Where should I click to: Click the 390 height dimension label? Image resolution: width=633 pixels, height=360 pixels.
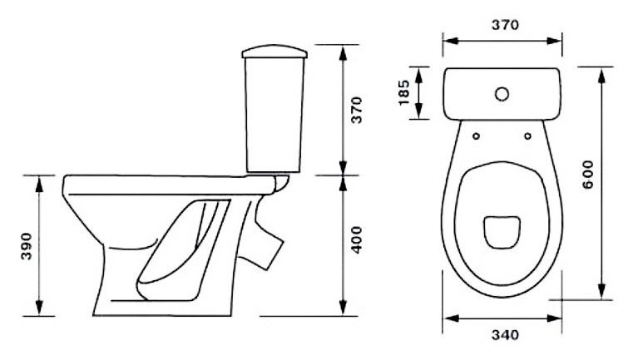click(27, 246)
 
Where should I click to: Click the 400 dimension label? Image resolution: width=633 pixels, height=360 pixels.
click(357, 240)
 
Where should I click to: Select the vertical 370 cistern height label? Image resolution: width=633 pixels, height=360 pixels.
click(357, 110)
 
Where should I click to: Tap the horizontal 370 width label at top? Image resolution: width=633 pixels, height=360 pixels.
click(505, 25)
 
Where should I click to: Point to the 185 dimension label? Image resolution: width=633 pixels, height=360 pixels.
click(404, 93)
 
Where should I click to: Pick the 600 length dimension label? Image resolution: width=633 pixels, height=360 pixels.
click(588, 175)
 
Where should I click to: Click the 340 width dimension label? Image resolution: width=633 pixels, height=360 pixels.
click(505, 335)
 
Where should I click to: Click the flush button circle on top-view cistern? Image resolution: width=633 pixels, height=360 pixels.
click(502, 95)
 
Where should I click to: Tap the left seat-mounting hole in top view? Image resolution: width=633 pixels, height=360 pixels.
click(477, 136)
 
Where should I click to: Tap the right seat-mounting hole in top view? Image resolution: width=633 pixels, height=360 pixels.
click(527, 136)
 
